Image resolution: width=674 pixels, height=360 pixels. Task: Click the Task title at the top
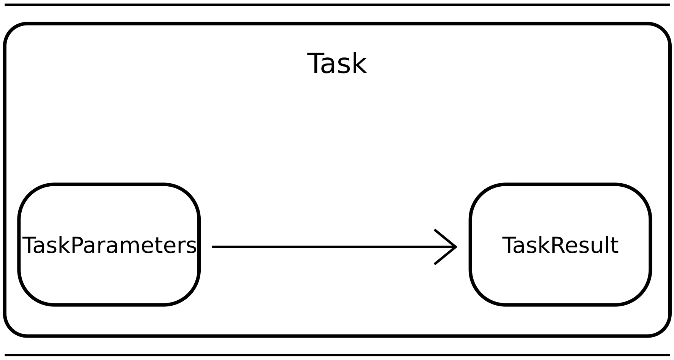tap(337, 64)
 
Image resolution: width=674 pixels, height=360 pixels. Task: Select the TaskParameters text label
tap(109, 246)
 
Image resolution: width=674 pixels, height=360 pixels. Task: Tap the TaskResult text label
tap(560, 246)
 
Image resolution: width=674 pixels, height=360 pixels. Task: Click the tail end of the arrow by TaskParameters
tap(214, 247)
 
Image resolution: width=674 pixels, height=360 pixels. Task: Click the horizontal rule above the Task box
tap(337, 5)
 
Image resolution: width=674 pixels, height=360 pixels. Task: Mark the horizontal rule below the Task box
tap(337, 355)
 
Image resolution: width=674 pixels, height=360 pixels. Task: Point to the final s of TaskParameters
tap(192, 247)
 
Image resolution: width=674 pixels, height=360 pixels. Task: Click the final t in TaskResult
tap(615, 246)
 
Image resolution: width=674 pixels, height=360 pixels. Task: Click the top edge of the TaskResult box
tap(560, 185)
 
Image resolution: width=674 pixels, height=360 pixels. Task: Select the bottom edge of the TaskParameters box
tap(109, 304)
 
